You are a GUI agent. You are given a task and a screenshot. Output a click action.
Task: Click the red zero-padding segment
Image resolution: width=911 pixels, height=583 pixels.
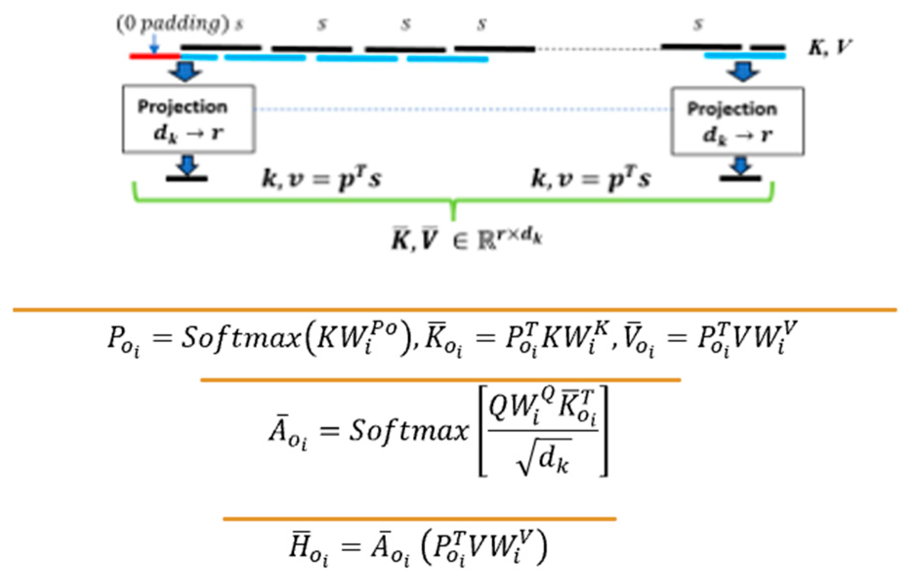[154, 57]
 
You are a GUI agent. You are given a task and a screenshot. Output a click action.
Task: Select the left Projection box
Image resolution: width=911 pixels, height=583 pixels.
[188, 119]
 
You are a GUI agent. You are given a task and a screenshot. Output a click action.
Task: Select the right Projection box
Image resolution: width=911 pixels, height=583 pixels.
[737, 121]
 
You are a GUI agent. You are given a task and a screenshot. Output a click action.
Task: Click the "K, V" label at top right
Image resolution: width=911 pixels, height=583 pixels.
[830, 47]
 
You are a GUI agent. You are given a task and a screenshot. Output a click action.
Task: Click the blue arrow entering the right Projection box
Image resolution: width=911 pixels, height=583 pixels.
[743, 72]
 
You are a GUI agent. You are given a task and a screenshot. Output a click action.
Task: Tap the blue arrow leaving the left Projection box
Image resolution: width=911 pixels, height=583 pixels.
[187, 165]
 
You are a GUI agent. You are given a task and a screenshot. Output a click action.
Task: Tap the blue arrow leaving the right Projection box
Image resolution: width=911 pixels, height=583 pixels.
[741, 165]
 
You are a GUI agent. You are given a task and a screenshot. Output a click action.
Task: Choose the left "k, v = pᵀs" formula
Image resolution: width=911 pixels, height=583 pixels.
[321, 179]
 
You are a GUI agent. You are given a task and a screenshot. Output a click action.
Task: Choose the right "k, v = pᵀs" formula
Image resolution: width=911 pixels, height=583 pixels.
[591, 179]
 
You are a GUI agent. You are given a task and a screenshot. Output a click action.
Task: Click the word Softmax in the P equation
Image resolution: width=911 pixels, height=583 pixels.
[240, 337]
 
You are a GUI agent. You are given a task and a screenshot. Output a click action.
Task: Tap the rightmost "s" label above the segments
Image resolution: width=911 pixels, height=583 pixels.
[699, 23]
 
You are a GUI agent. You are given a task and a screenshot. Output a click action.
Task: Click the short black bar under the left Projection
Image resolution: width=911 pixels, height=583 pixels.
[187, 179]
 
